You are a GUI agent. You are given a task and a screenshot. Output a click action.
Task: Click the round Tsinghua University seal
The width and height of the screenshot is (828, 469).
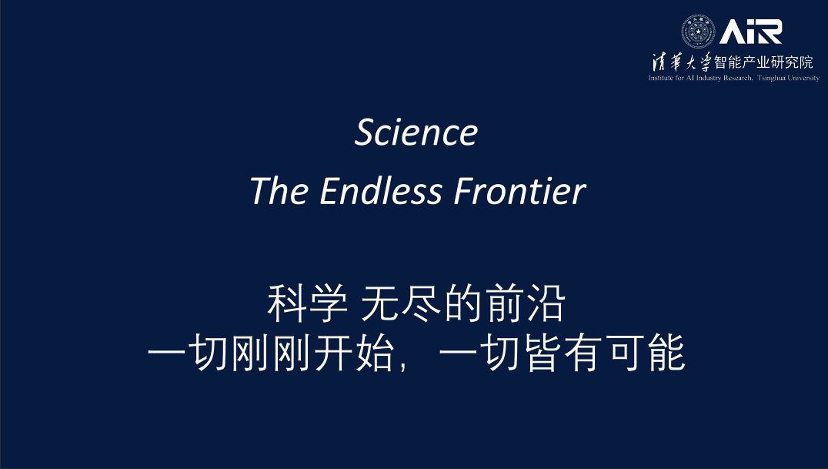coord(698,32)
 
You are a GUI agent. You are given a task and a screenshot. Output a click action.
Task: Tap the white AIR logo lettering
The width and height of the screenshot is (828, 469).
coord(750,32)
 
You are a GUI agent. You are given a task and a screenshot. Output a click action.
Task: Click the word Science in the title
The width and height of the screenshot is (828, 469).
coord(416,132)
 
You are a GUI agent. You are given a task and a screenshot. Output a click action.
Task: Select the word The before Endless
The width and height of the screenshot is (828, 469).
coord(279,191)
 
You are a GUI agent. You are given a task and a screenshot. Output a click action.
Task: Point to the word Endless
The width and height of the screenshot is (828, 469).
coord(381,191)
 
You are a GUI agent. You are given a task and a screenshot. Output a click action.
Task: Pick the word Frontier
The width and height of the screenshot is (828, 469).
coord(520,191)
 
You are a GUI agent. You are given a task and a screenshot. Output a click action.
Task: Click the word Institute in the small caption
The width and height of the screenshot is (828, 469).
coord(661,79)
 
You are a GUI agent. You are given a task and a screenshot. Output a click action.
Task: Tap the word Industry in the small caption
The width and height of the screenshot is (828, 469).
coord(708,79)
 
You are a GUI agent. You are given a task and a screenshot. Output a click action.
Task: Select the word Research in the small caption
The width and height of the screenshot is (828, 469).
coord(738,79)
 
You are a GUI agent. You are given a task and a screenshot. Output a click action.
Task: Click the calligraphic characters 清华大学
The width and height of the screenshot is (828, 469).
coord(682,62)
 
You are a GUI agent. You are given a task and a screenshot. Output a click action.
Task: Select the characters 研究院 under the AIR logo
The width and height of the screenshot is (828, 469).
coord(792,62)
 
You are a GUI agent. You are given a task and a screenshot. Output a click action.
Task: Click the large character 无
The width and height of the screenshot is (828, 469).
coord(379,303)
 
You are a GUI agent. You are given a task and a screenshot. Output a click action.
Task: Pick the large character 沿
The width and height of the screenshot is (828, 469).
coord(546,303)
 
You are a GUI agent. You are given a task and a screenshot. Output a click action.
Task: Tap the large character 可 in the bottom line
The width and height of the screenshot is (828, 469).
coord(628,352)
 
